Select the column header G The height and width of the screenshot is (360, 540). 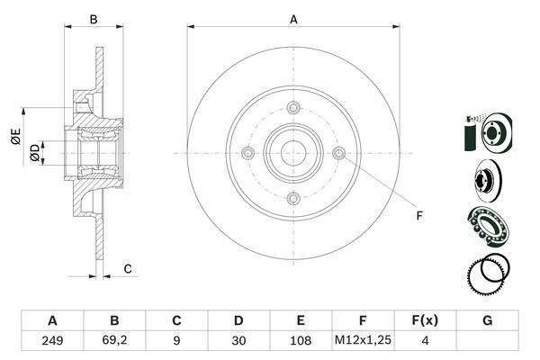point(488,320)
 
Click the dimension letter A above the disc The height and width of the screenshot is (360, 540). point(293,18)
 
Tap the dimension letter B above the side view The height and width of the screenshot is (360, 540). point(93,18)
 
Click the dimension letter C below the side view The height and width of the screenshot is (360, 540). point(128,268)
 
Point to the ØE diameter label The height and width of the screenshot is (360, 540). point(15,138)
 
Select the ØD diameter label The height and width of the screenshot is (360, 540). point(34,153)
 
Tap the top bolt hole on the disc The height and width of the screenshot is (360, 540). point(293,109)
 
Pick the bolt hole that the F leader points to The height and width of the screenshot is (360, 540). point(338,154)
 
